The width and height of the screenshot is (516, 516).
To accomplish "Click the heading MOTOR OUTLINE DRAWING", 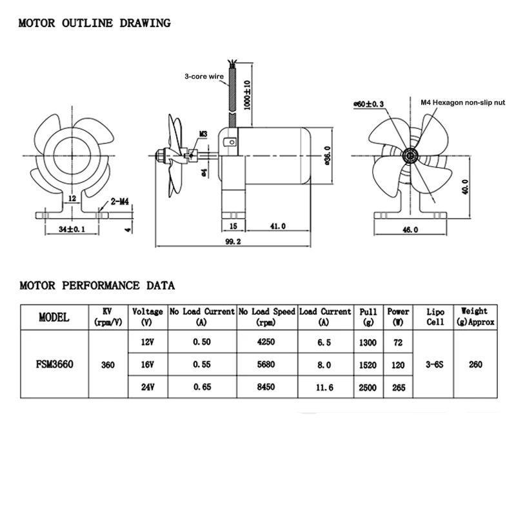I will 94,24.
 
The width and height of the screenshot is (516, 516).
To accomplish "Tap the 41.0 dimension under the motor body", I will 277,226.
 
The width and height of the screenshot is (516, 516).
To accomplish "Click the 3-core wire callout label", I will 204,77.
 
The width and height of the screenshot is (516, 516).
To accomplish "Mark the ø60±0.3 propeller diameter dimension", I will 369,103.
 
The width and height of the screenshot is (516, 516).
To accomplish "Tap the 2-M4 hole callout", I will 121,201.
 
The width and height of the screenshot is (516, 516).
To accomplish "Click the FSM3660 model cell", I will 54,364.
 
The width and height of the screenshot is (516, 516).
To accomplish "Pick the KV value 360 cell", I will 108,364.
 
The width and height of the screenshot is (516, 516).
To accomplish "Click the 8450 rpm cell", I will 266,388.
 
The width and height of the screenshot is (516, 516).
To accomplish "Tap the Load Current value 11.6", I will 324,388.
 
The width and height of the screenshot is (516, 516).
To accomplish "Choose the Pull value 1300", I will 368,342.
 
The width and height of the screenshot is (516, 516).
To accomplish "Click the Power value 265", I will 398,388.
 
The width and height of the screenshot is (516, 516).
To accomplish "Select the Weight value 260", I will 475,364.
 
